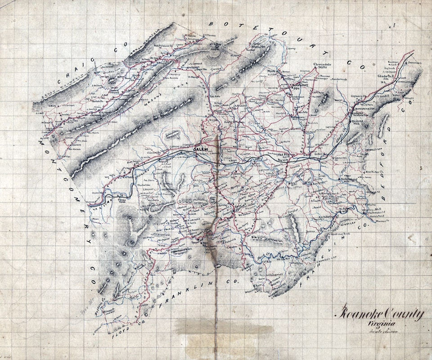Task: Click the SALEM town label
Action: click(x=200, y=149)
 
